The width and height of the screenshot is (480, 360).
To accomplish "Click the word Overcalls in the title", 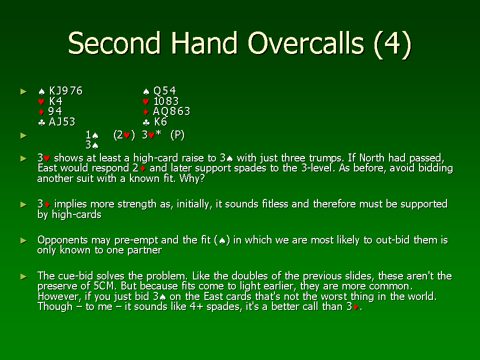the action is point(306,43).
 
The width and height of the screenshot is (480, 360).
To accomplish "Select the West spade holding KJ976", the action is point(60,90).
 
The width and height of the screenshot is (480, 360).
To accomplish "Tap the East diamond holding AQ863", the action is point(166,111).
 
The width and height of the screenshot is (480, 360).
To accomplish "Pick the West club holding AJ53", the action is point(56,122).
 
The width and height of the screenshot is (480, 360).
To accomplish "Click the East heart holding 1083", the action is point(160,101).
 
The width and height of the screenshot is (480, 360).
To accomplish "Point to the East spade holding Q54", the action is point(159,90).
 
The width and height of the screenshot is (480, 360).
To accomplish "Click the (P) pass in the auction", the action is point(177,135).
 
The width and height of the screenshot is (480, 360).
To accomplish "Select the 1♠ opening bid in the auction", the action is point(92,135).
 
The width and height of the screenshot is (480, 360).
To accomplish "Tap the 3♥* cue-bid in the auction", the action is point(151,134).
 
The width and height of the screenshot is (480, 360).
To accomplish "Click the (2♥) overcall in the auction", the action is point(124,135).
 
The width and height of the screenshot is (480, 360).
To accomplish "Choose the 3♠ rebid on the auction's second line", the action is point(92,145).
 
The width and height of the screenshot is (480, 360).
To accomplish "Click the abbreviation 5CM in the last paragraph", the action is point(104,286).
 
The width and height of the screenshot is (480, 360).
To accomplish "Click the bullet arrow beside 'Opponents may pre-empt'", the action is point(23,240).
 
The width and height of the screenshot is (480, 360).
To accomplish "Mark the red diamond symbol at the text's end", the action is point(355,307).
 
